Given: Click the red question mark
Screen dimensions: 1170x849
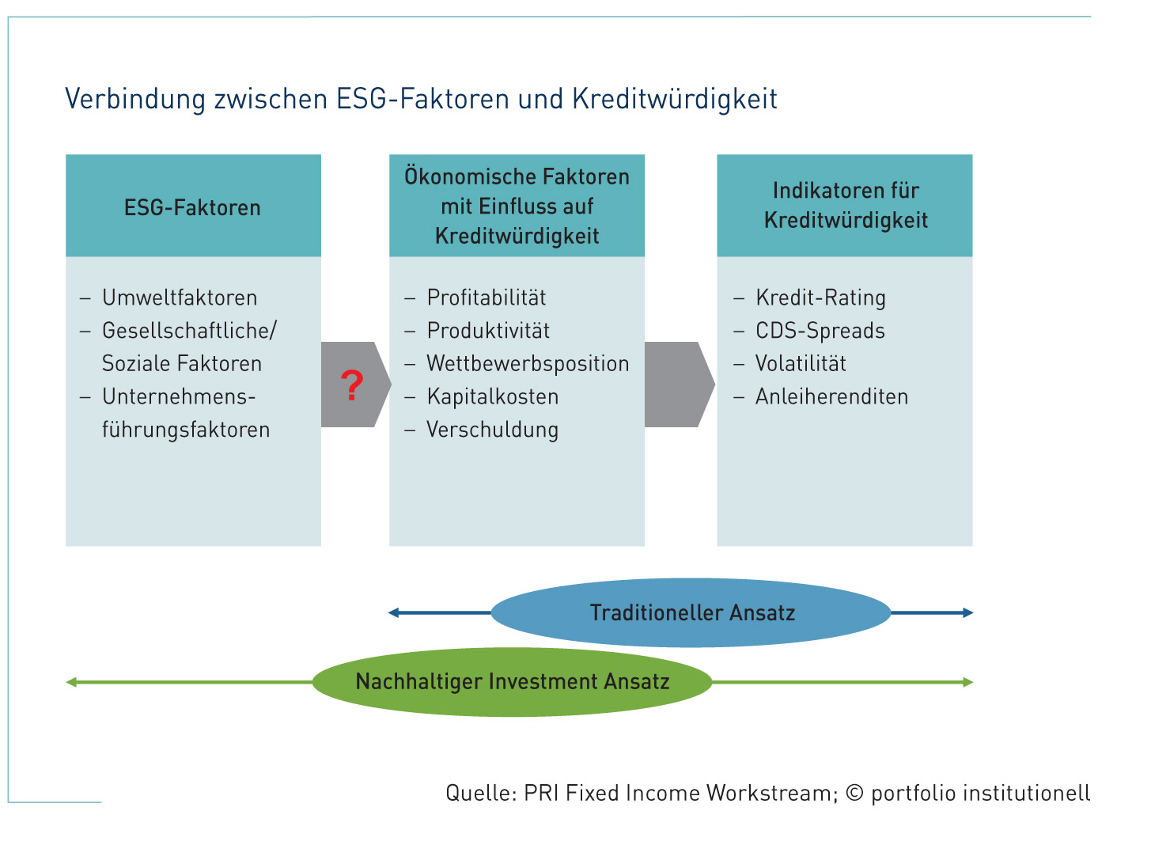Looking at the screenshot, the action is pos(352,385).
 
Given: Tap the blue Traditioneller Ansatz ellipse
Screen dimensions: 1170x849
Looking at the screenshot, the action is pos(691,612).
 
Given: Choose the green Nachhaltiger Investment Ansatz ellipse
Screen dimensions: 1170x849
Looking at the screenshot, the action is pos(513,682).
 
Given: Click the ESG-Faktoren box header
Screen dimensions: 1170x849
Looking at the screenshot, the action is pos(193,206).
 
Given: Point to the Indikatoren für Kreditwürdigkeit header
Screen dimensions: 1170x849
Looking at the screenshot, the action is pos(845,206).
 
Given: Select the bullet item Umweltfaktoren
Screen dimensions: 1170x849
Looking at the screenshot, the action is pos(180,298).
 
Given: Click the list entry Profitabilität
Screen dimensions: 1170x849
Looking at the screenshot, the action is pos(487,298).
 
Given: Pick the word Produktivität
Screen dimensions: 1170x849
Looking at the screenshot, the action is pos(488,331).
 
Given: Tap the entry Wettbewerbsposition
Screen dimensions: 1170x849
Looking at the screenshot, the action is pos(528,364).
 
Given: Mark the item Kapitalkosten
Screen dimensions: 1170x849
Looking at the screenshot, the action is pos(493,396).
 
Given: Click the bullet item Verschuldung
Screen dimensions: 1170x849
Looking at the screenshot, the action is pos(493,430).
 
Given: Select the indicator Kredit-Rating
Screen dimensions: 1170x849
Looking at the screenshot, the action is pos(820,298).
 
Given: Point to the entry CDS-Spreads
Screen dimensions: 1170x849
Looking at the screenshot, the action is pos(820,331).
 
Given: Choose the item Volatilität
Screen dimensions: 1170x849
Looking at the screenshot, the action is pos(801,364).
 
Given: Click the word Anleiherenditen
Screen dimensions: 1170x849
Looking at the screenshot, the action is pos(831,396).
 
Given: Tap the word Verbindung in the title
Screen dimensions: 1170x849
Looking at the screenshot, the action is pos(135,99).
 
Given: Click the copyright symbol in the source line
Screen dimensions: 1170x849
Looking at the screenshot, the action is pos(854,793).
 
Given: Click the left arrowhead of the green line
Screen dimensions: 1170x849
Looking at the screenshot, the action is pos(71,682).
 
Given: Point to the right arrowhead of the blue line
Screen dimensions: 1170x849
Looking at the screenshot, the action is pos(967,612).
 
